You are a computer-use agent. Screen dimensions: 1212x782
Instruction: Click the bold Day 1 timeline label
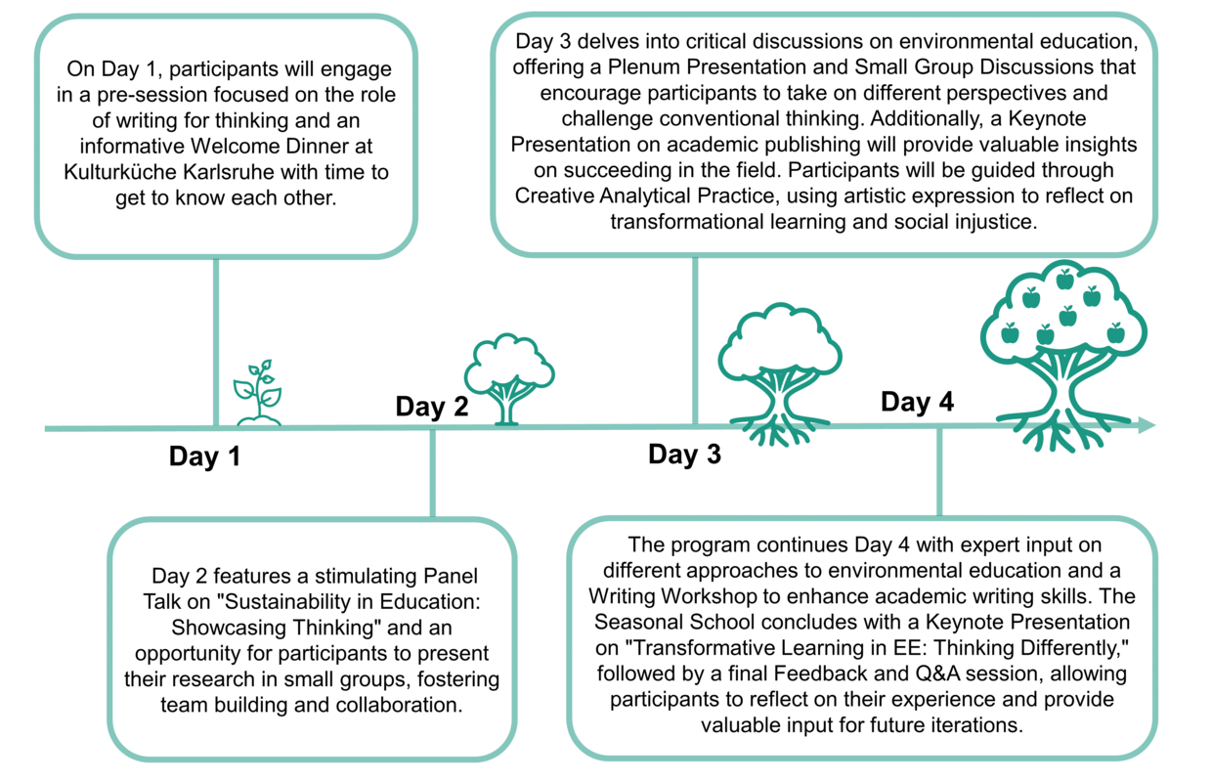[204, 456]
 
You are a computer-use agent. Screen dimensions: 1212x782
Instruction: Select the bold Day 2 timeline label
[432, 406]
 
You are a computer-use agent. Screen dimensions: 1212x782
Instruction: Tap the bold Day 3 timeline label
[684, 454]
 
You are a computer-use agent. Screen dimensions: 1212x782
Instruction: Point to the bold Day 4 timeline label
[917, 402]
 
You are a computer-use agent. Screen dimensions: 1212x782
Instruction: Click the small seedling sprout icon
[258, 392]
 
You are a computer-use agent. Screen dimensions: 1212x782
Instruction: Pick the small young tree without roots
[509, 379]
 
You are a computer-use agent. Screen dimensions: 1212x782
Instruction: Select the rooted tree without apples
[780, 374]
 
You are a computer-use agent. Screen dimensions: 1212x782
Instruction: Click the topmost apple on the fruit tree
[1064, 280]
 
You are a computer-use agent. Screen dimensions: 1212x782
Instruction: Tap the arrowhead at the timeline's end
[1147, 425]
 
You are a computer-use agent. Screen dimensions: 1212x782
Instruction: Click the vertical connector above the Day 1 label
[216, 342]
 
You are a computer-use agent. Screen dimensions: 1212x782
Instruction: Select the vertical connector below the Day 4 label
[939, 472]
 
